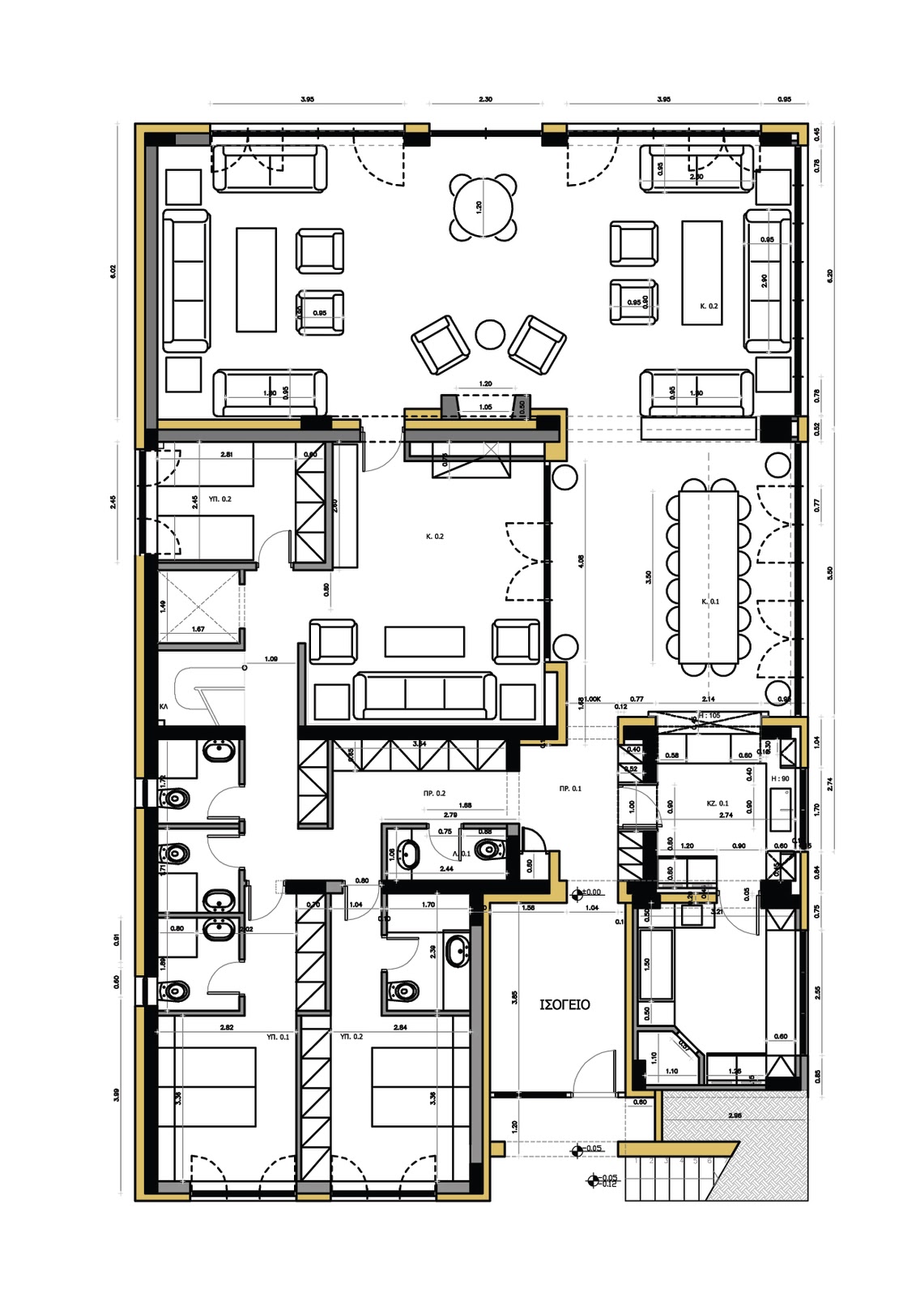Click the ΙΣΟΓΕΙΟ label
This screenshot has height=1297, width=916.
(x=565, y=1004)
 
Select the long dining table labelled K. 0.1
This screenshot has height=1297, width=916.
(x=708, y=576)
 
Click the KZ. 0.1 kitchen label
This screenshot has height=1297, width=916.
(x=718, y=803)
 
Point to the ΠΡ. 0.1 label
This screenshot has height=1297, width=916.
(x=570, y=788)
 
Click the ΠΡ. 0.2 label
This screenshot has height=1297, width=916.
(x=434, y=794)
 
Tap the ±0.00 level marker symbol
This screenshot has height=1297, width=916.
(x=577, y=894)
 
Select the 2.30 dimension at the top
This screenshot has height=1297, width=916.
(x=485, y=99)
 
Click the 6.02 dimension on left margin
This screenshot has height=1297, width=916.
(x=113, y=272)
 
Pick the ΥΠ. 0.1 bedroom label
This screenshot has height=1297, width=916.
(x=278, y=1037)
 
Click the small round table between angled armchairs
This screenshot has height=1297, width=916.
(x=489, y=334)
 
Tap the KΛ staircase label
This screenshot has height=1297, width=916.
(x=164, y=707)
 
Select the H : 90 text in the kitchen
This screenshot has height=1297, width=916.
(x=780, y=779)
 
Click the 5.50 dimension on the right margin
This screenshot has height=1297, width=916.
(x=829, y=572)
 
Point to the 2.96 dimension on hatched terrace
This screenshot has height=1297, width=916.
(x=735, y=1115)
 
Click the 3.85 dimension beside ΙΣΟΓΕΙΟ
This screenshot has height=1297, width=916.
(x=514, y=998)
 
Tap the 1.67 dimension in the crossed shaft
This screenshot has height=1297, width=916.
(x=198, y=629)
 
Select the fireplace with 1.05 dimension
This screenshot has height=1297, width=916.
(x=484, y=406)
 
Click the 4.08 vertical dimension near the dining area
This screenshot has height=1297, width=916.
(x=581, y=561)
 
